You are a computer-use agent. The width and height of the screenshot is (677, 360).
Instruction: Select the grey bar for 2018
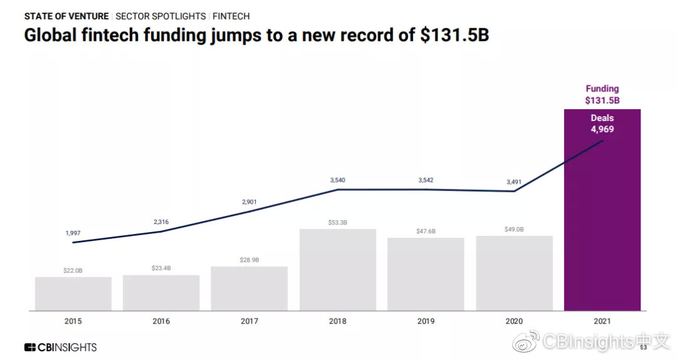(338, 270)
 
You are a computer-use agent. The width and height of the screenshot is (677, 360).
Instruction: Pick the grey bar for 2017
(249, 289)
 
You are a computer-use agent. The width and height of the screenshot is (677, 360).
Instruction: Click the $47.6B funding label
(426, 231)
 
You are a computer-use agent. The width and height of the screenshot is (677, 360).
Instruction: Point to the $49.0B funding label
(514, 230)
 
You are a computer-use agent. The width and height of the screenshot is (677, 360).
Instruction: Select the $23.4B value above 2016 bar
(161, 268)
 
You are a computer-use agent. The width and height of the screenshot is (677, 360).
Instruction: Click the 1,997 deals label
(73, 233)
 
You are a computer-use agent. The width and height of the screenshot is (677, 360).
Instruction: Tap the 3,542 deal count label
(426, 181)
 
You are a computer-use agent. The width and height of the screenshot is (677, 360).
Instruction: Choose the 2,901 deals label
(249, 202)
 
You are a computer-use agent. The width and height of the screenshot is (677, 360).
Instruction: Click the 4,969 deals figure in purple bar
(602, 129)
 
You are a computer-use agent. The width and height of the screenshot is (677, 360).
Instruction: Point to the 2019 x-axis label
(426, 321)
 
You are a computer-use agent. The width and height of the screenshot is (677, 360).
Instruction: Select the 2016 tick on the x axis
(161, 321)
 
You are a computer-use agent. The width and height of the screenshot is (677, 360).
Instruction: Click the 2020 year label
(514, 321)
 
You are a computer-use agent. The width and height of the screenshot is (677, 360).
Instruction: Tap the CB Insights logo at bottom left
(60, 347)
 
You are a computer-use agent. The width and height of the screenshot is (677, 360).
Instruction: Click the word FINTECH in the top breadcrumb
(231, 16)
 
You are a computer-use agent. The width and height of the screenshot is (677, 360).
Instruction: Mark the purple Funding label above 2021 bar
(602, 89)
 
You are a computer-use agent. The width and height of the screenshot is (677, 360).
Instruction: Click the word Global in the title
(52, 35)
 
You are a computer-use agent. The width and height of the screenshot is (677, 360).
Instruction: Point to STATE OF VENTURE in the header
(66, 16)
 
